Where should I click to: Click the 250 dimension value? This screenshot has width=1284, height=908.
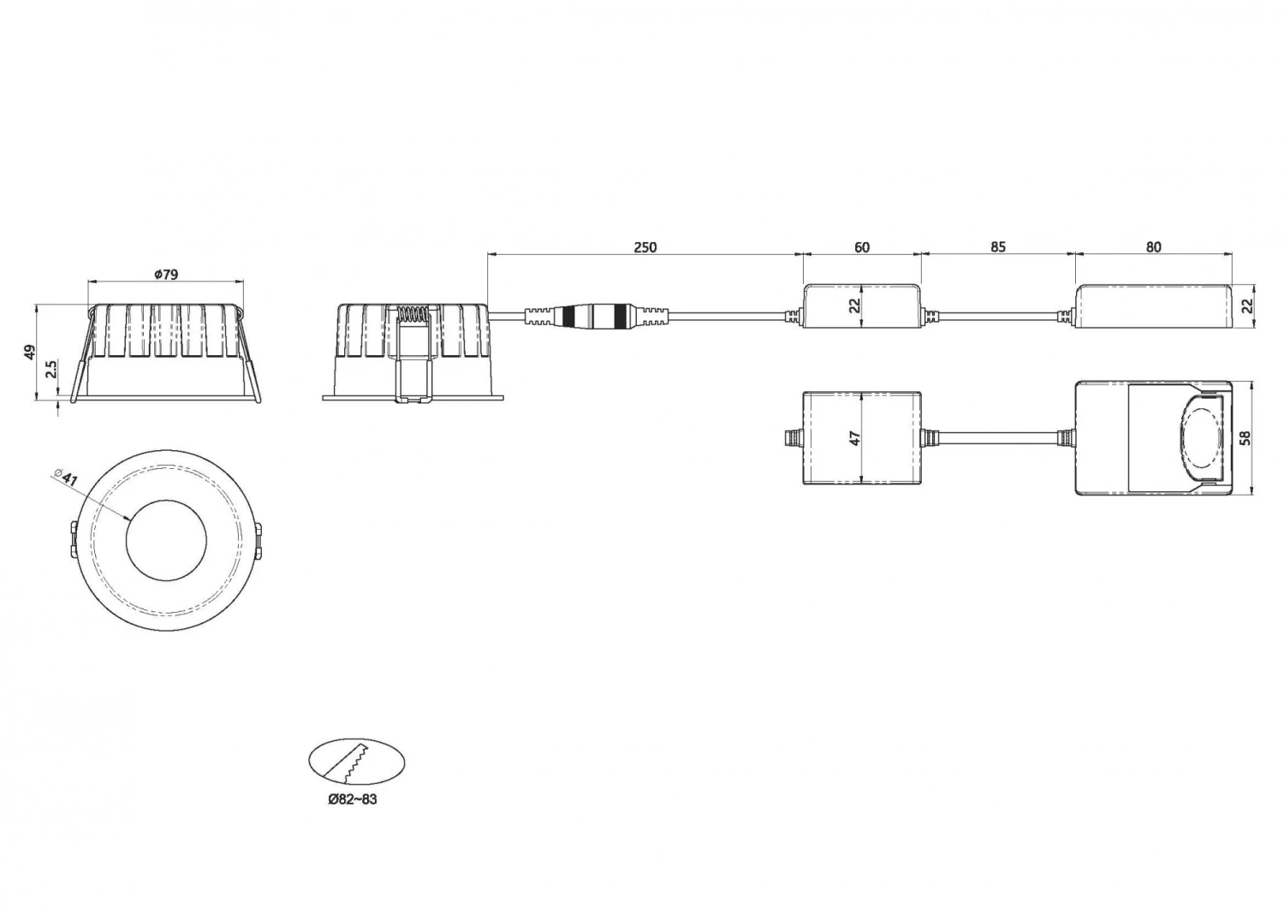645,247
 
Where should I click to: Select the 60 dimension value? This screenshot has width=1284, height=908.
861,247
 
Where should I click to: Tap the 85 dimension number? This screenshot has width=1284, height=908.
998,246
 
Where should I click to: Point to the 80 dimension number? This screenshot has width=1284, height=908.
1153,247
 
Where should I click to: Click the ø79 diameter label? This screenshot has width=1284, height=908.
166,275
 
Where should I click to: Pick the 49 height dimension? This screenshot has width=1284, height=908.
30,352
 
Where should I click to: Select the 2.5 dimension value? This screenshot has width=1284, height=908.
51,369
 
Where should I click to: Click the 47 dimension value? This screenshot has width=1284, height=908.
854,438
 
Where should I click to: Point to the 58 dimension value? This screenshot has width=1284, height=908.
1245,438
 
